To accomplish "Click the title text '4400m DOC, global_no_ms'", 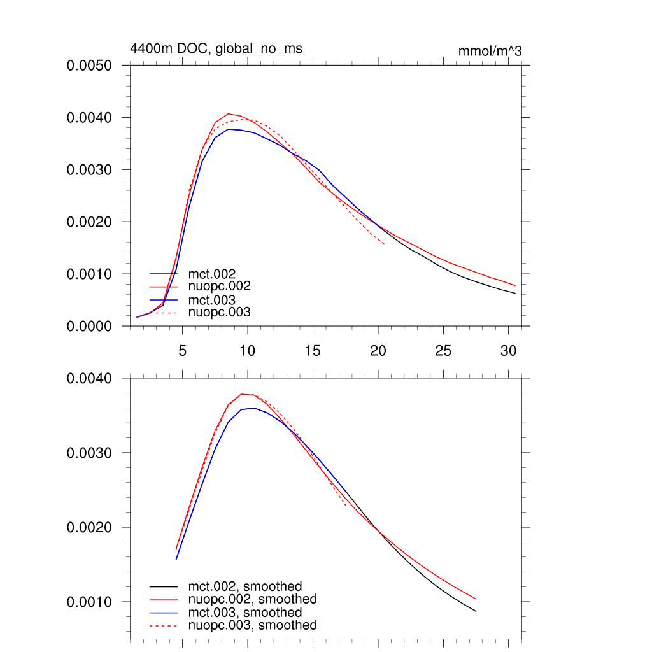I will tap(216, 48).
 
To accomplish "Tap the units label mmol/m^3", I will tap(490, 51).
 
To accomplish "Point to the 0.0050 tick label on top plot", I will tap(89, 66).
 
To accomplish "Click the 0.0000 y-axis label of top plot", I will tap(89, 326).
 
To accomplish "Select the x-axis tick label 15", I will tap(313, 350).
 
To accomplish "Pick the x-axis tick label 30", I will tap(508, 350).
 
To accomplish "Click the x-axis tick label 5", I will tap(183, 350).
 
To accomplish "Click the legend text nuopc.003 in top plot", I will tap(220, 313).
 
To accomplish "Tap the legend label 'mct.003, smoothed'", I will tap(244, 613).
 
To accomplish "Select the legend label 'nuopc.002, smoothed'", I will tap(252, 599).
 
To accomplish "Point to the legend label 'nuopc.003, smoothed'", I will tap(252, 625).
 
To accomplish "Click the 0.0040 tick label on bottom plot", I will tap(89, 379).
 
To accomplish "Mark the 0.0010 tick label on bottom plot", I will tap(89, 602).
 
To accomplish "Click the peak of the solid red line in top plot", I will tap(228, 113).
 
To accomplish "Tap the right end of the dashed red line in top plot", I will tap(384, 243).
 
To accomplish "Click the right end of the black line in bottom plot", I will tap(476, 611).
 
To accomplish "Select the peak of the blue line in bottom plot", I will tap(254, 407).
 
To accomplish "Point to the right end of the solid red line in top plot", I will tap(515, 285).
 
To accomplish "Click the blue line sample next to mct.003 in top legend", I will tap(164, 300).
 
